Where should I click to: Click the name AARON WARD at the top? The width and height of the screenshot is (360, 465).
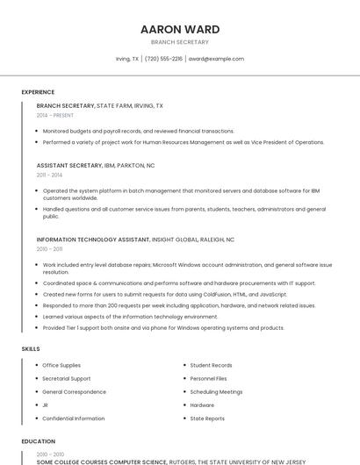[180, 29]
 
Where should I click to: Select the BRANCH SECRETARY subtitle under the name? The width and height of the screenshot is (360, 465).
[180, 42]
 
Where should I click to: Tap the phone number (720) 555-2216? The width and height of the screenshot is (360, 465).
[163, 59]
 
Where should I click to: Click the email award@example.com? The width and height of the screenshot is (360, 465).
[216, 59]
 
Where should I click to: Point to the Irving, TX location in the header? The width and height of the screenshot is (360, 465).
[127, 59]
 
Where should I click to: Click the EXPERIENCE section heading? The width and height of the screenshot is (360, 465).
[38, 92]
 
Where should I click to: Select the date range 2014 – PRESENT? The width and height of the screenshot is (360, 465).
[54, 115]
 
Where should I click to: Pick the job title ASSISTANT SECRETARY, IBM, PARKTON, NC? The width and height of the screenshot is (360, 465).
[96, 165]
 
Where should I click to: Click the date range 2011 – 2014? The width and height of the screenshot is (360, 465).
[49, 175]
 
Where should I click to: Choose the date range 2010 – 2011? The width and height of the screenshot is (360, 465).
[49, 249]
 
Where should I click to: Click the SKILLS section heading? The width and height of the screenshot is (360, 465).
[31, 349]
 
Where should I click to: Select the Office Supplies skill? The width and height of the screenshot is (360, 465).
[61, 365]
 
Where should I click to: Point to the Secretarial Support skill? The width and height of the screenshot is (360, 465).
[67, 378]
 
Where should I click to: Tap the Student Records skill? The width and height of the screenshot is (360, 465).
[211, 365]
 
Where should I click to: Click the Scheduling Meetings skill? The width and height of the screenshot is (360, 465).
[216, 392]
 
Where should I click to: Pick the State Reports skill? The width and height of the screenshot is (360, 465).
[207, 418]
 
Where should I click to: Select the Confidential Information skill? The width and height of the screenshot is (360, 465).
[73, 418]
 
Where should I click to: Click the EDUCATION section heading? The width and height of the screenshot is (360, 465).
[38, 441]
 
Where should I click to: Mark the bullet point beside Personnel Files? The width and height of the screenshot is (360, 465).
[184, 378]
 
